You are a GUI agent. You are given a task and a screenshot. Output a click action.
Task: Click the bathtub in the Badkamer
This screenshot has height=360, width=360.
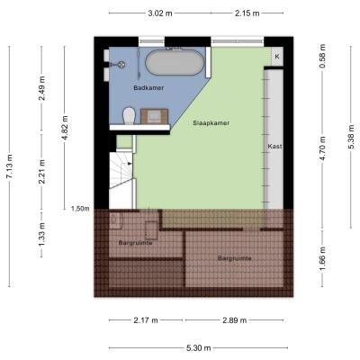click(175, 62)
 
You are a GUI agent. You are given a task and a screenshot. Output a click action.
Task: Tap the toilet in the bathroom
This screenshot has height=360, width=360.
click(130, 115)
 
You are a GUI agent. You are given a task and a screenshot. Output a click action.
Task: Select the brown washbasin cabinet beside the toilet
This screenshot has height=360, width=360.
click(154, 116)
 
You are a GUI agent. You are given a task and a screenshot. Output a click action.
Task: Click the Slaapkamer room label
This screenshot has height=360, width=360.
click(211, 123)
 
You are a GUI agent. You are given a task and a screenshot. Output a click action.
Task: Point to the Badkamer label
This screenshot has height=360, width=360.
click(148, 88)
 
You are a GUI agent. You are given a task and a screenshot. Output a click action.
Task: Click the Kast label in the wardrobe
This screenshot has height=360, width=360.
click(274, 147)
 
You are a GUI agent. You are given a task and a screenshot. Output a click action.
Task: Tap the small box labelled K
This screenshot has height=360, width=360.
click(277, 56)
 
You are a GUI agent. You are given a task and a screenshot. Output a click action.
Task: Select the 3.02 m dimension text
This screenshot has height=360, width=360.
click(160, 13)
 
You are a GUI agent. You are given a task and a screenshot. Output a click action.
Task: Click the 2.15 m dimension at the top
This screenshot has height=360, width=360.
click(247, 13)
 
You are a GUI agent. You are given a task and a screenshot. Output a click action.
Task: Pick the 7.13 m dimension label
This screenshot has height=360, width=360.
click(9, 166)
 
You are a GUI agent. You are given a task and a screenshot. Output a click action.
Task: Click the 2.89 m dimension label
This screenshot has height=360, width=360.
click(234, 320)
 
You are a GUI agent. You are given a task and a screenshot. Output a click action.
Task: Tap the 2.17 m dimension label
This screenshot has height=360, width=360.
click(146, 320)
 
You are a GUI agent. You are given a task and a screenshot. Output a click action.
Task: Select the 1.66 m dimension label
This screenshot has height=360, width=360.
click(322, 258)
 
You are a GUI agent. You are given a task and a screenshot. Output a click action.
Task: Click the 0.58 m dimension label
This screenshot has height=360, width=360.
click(322, 56)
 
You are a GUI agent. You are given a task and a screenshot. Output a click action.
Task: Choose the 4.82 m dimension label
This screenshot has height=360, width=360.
click(64, 128)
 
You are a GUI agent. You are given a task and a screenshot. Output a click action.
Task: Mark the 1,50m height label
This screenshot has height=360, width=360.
click(80, 209)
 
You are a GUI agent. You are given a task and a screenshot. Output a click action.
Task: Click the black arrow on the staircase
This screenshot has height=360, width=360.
click(130, 164)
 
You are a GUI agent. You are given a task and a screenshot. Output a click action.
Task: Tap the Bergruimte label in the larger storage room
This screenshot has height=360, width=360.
click(234, 258)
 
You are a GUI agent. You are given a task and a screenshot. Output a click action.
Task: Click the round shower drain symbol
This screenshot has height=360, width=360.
click(121, 65)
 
